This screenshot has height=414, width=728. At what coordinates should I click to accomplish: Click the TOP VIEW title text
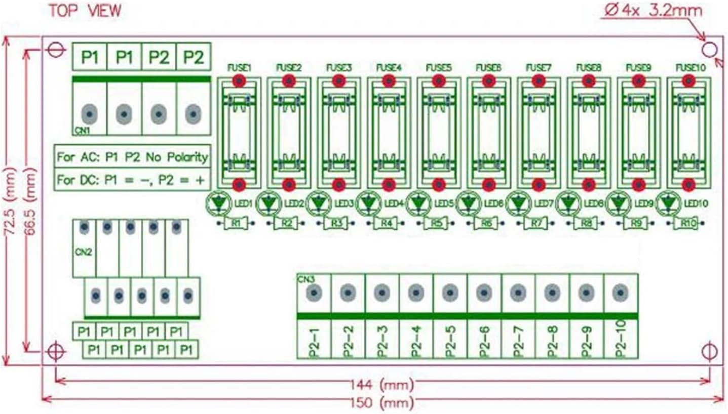(x=85, y=11)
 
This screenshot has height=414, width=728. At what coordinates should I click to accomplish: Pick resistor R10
(x=686, y=223)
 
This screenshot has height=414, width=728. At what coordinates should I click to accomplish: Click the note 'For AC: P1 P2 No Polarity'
(x=132, y=157)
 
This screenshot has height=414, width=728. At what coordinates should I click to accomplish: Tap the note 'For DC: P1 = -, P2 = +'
(x=132, y=180)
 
